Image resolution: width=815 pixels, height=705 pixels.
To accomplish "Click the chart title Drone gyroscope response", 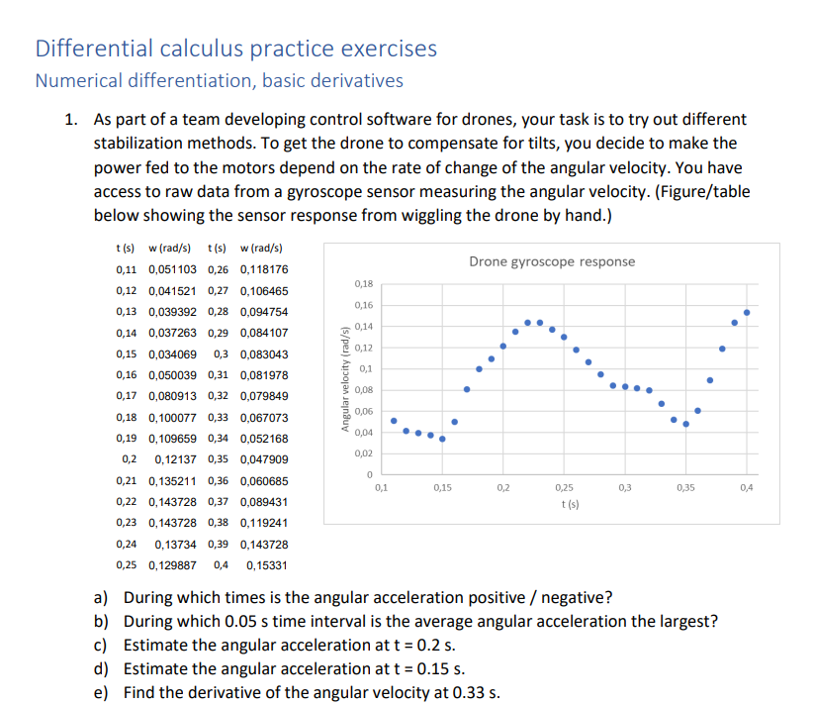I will [x=552, y=261].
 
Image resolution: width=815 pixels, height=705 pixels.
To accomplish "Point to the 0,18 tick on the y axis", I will [x=363, y=284].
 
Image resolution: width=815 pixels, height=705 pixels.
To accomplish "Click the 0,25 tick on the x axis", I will [x=564, y=488].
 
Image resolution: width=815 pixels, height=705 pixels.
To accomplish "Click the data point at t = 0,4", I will [x=747, y=312].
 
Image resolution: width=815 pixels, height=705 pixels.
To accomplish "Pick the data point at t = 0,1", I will [x=393, y=420].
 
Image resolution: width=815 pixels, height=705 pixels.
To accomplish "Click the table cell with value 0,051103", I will [x=172, y=269].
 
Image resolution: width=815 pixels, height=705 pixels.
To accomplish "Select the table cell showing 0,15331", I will [x=266, y=565].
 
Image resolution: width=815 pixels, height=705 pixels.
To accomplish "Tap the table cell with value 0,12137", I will [x=176, y=459].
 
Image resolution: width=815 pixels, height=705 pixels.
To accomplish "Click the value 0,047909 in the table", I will [x=264, y=459].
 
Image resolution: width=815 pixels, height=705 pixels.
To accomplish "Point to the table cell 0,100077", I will [x=172, y=418].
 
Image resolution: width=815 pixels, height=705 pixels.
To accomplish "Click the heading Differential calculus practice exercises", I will [x=235, y=49].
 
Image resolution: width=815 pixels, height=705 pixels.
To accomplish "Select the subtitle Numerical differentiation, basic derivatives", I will [x=219, y=80].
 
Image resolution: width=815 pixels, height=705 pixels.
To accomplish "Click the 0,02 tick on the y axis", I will [x=363, y=453].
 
